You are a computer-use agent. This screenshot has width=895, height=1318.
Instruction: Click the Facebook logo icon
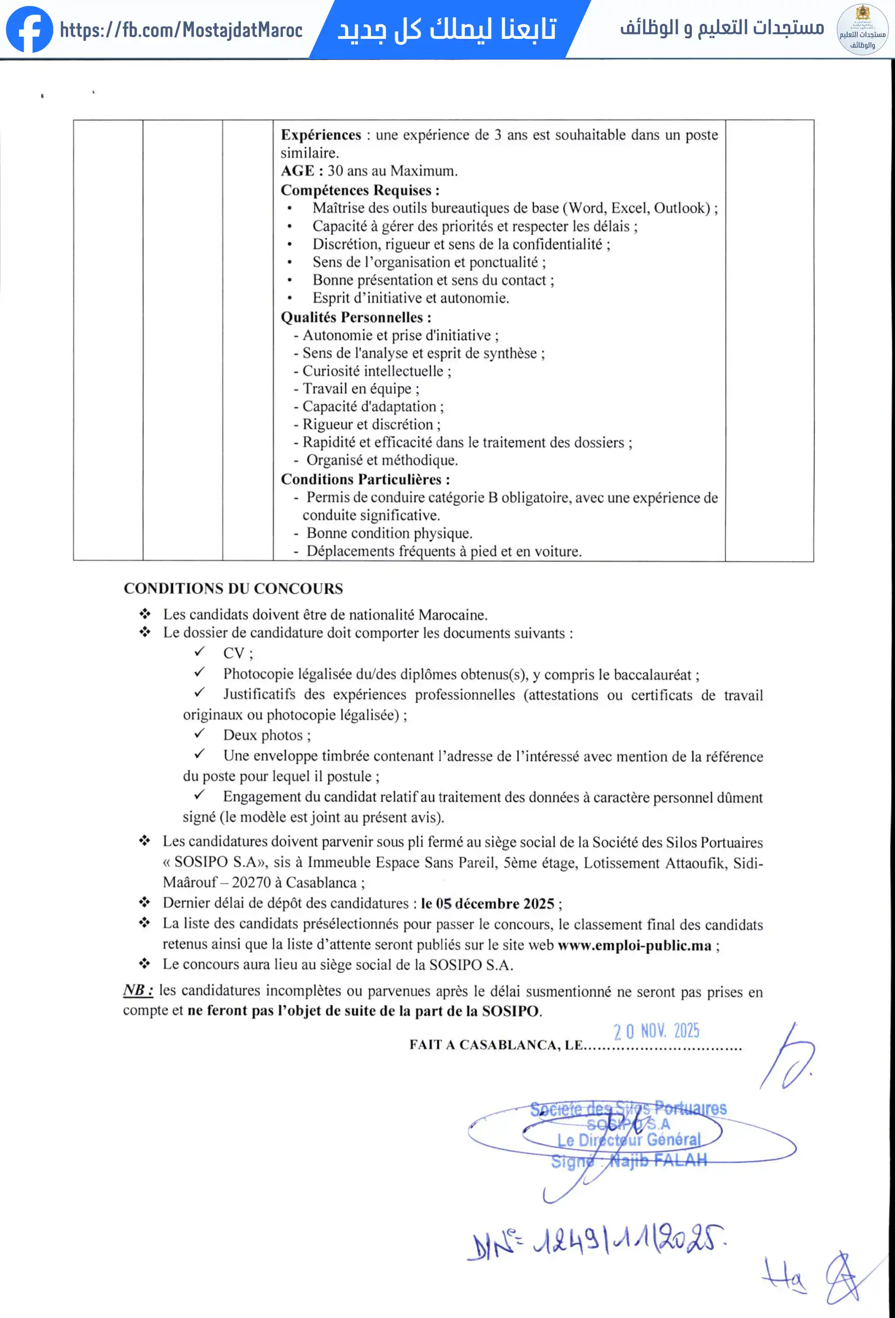[x=29, y=30]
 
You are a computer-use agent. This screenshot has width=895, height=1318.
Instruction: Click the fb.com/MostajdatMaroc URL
[x=181, y=30]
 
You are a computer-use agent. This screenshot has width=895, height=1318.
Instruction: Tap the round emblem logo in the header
[x=862, y=30]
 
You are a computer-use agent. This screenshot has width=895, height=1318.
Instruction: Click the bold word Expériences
[x=320, y=135]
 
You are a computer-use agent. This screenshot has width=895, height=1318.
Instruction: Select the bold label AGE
[x=297, y=171]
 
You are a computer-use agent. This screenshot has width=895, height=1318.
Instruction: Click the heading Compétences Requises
[x=360, y=190]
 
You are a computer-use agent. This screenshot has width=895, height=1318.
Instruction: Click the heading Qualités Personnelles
[x=356, y=317]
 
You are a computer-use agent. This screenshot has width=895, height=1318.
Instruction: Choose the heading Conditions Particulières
[x=365, y=479]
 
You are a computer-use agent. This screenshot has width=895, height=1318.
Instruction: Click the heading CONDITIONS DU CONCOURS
[x=233, y=588]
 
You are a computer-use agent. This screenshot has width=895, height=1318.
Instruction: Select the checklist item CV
[x=234, y=653]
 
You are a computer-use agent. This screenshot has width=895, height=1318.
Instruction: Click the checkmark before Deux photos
[x=199, y=733]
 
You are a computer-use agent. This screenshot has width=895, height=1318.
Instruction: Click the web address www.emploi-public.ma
[x=634, y=945]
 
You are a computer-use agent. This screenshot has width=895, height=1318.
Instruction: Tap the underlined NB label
[x=138, y=990]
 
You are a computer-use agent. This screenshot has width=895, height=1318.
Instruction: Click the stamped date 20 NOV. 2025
[x=656, y=1031]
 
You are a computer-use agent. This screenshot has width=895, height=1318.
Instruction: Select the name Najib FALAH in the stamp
[x=658, y=1161]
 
